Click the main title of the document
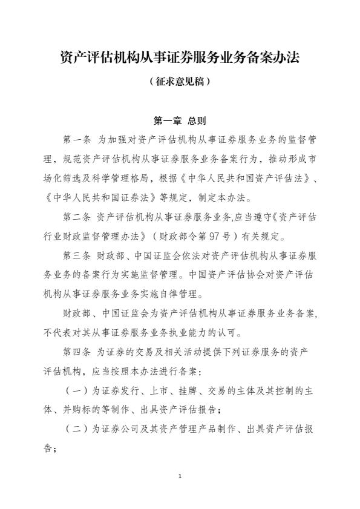[180, 59]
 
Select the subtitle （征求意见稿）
[180, 80]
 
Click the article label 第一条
[77, 140]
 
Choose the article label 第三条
[77, 255]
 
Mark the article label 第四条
[77, 351]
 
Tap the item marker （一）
[77, 390]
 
